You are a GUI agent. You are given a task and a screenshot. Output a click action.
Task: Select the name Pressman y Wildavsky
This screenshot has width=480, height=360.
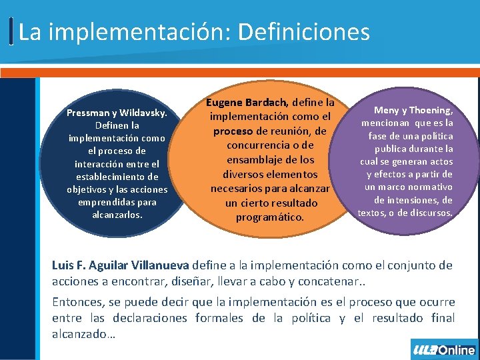tap(117, 113)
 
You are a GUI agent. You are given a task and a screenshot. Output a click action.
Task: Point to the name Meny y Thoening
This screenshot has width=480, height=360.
tap(413, 111)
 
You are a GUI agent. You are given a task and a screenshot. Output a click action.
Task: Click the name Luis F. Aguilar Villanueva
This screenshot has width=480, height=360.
tap(121, 265)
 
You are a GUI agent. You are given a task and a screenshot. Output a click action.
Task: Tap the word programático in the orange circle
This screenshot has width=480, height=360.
tap(269, 217)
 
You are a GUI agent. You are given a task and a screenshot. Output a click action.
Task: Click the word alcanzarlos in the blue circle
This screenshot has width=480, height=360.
tap(117, 215)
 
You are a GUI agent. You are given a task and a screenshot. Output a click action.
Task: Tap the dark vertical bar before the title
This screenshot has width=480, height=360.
tap(13, 31)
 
